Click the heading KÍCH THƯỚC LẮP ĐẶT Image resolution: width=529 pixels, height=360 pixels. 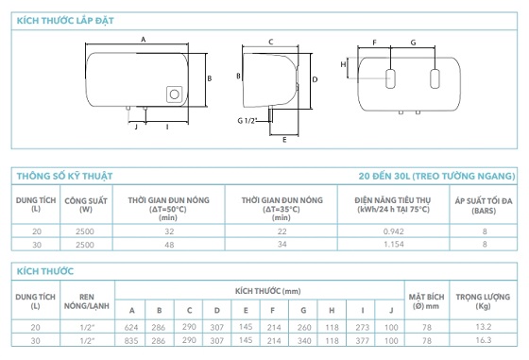coord(65,21)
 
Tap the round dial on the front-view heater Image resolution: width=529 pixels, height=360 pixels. coord(175,94)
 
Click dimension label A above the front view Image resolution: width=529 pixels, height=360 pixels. coord(143,40)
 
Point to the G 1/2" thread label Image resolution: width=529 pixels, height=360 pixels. coord(247,120)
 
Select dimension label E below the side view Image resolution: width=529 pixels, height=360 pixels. coord(284,140)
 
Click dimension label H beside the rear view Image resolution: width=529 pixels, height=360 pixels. coord(343,64)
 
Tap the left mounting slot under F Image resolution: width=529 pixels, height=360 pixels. coord(390,79)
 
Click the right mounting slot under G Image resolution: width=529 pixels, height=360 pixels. coord(435,79)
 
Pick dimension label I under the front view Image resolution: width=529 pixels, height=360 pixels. coord(167,128)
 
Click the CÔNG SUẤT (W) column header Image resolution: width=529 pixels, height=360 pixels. coord(86,205)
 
